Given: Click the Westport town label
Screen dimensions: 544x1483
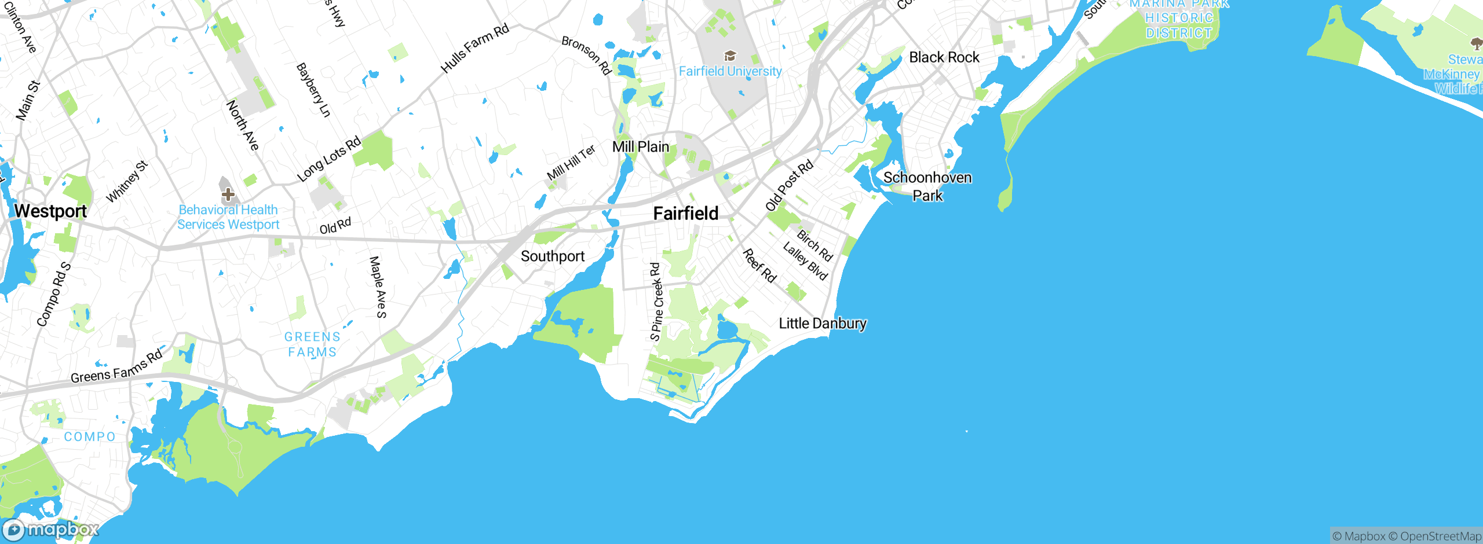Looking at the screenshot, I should click(50, 211).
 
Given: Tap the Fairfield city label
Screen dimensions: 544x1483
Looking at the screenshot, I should click(686, 214).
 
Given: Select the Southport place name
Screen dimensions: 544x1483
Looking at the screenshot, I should click(553, 256).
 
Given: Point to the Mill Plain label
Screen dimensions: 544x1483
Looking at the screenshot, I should click(641, 147).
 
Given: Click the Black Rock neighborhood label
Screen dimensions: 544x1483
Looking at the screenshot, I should click(944, 57).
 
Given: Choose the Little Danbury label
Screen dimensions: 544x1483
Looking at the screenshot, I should click(823, 324).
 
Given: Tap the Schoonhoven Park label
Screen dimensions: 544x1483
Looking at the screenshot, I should click(927, 186).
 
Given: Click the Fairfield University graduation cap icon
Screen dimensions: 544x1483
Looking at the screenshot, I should click(730, 56).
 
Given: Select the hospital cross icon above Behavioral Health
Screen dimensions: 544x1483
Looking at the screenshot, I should click(228, 194).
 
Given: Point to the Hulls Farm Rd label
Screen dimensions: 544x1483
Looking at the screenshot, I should click(475, 48).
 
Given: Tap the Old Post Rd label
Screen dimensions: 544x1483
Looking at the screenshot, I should click(790, 186).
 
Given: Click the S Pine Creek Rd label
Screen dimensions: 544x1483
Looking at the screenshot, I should click(656, 302).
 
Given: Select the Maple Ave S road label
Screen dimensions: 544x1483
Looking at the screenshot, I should click(378, 287).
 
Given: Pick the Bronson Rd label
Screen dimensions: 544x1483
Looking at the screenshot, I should click(586, 56).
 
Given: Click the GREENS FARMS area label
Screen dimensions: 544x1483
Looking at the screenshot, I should click(312, 344).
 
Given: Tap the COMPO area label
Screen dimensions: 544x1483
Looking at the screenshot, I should click(90, 437).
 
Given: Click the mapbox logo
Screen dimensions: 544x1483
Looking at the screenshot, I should click(50, 530).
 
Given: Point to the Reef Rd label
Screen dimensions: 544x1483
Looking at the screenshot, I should click(759, 266).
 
